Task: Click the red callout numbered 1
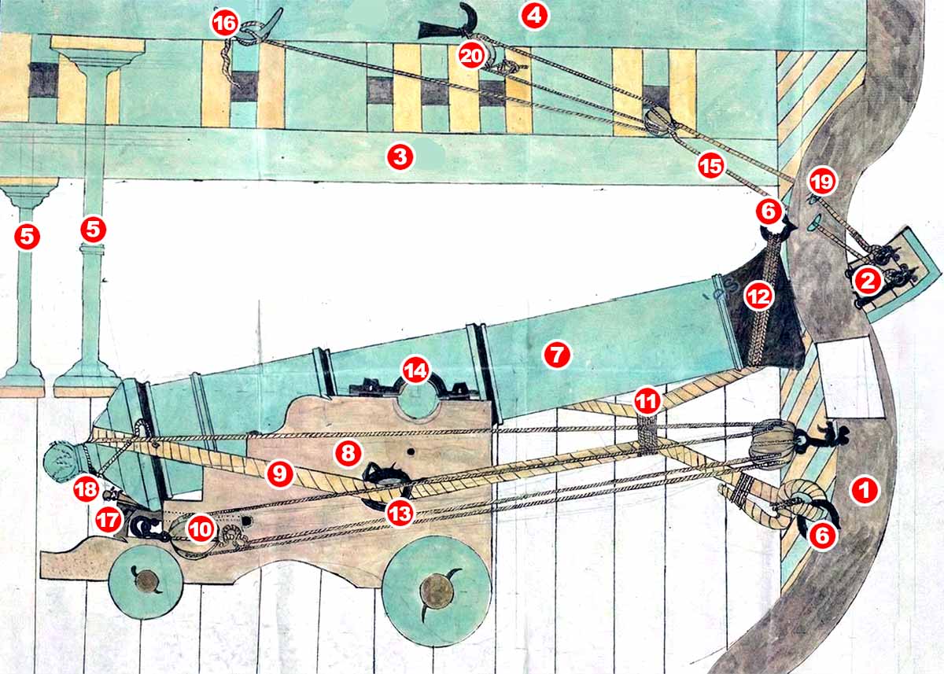tap(865, 490)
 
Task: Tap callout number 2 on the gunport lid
tap(868, 281)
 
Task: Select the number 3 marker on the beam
tap(400, 157)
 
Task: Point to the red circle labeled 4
tap(534, 16)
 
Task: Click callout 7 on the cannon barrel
tap(557, 355)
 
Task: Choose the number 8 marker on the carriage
tap(348, 454)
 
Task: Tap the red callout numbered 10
tap(201, 529)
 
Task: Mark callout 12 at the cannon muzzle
tap(758, 296)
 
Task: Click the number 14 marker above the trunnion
tap(416, 370)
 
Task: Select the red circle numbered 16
tap(225, 23)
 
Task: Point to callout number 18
tap(87, 489)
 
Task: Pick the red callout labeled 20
tap(471, 56)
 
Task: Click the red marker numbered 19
tap(822, 182)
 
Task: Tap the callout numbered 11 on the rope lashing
tap(647, 400)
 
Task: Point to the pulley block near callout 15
tap(659, 121)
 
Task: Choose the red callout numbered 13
tap(400, 514)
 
